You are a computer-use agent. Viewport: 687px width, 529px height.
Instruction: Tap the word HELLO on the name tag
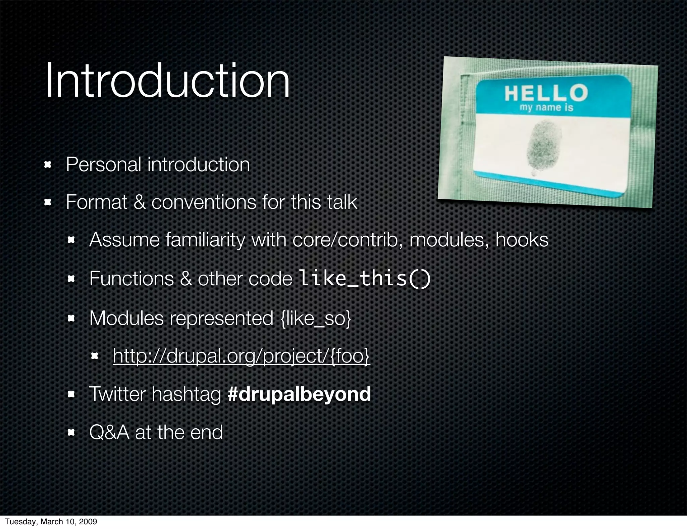(x=546, y=93)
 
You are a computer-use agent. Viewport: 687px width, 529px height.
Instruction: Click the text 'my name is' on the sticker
(x=546, y=108)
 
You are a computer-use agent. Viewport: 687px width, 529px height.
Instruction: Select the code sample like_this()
(x=364, y=278)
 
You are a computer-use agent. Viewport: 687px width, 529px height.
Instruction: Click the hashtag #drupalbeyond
(x=299, y=394)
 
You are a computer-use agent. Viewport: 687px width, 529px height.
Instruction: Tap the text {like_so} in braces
(x=315, y=318)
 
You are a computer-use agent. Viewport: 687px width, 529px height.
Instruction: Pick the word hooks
(x=522, y=240)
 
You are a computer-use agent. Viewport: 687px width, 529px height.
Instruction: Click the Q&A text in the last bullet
(x=109, y=432)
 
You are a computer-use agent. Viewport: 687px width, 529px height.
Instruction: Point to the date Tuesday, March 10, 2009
(x=51, y=521)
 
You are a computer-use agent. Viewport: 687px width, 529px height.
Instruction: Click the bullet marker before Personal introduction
(x=47, y=164)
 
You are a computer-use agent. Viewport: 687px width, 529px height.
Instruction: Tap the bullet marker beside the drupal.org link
(x=94, y=355)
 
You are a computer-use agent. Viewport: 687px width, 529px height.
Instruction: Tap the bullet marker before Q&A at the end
(x=71, y=433)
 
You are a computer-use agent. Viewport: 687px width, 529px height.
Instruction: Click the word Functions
(x=131, y=279)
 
